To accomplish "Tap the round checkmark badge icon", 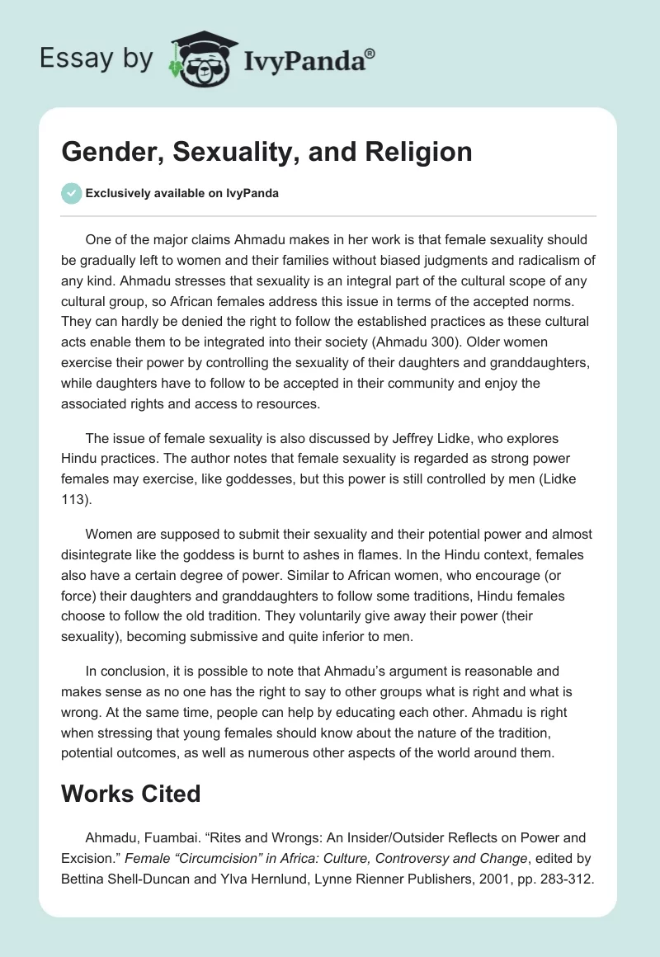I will (72, 193).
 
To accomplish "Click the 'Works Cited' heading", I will (131, 794).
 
